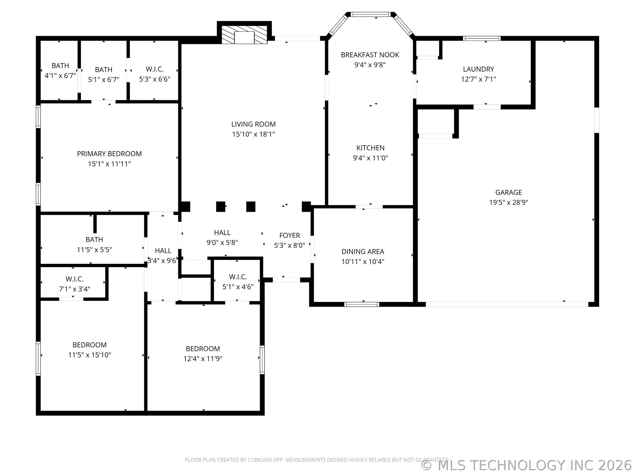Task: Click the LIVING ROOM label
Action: [254, 124]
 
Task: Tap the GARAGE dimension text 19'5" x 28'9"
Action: [509, 203]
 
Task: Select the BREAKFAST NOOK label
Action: [370, 55]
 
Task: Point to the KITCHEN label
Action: [370, 148]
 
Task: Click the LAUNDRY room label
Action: [478, 69]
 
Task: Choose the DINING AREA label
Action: [363, 252]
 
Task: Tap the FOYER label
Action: [290, 236]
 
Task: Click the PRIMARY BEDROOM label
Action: [109, 154]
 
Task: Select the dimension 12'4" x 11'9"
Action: [203, 359]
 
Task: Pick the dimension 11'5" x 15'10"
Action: [90, 355]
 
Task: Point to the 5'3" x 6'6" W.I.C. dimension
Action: [155, 79]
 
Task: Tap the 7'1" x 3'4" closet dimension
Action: [75, 289]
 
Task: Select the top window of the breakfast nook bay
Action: [371, 14]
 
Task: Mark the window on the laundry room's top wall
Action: [482, 38]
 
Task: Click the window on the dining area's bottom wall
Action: [362, 304]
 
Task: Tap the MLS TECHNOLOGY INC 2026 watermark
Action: [527, 465]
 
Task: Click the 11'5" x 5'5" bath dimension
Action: [94, 250]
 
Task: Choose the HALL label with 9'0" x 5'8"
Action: [222, 233]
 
